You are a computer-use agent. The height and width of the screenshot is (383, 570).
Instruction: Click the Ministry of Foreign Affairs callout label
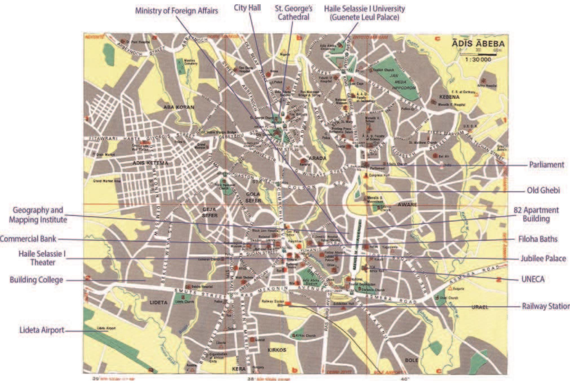click(176, 11)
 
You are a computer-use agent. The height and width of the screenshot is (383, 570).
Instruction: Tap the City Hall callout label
click(247, 8)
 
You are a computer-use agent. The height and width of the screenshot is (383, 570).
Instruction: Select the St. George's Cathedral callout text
click(293, 13)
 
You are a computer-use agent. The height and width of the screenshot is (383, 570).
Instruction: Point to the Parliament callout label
click(546, 165)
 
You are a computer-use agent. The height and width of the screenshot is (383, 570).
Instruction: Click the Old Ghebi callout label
click(543, 190)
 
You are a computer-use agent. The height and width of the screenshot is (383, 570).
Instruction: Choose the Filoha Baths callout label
click(538, 239)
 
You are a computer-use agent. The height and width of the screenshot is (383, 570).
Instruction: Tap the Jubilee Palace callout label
click(543, 258)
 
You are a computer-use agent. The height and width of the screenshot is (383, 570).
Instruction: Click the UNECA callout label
click(533, 279)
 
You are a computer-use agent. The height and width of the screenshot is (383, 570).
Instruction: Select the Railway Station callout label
click(545, 306)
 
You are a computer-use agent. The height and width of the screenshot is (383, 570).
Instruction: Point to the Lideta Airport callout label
click(42, 330)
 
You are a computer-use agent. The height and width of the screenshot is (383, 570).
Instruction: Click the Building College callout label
click(36, 280)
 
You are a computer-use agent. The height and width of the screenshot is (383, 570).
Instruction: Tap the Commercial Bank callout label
click(28, 239)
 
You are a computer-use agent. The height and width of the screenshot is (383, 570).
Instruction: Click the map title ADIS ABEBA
click(478, 44)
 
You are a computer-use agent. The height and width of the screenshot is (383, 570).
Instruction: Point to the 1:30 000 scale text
click(478, 60)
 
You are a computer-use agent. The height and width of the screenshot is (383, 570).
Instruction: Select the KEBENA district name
click(449, 97)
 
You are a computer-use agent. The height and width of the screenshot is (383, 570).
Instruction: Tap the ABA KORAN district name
click(179, 107)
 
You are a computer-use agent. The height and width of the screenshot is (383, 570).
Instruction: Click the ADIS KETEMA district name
click(150, 163)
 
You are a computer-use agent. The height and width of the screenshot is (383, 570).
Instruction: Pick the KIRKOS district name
click(277, 350)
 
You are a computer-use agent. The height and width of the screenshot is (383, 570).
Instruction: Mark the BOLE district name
click(411, 360)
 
